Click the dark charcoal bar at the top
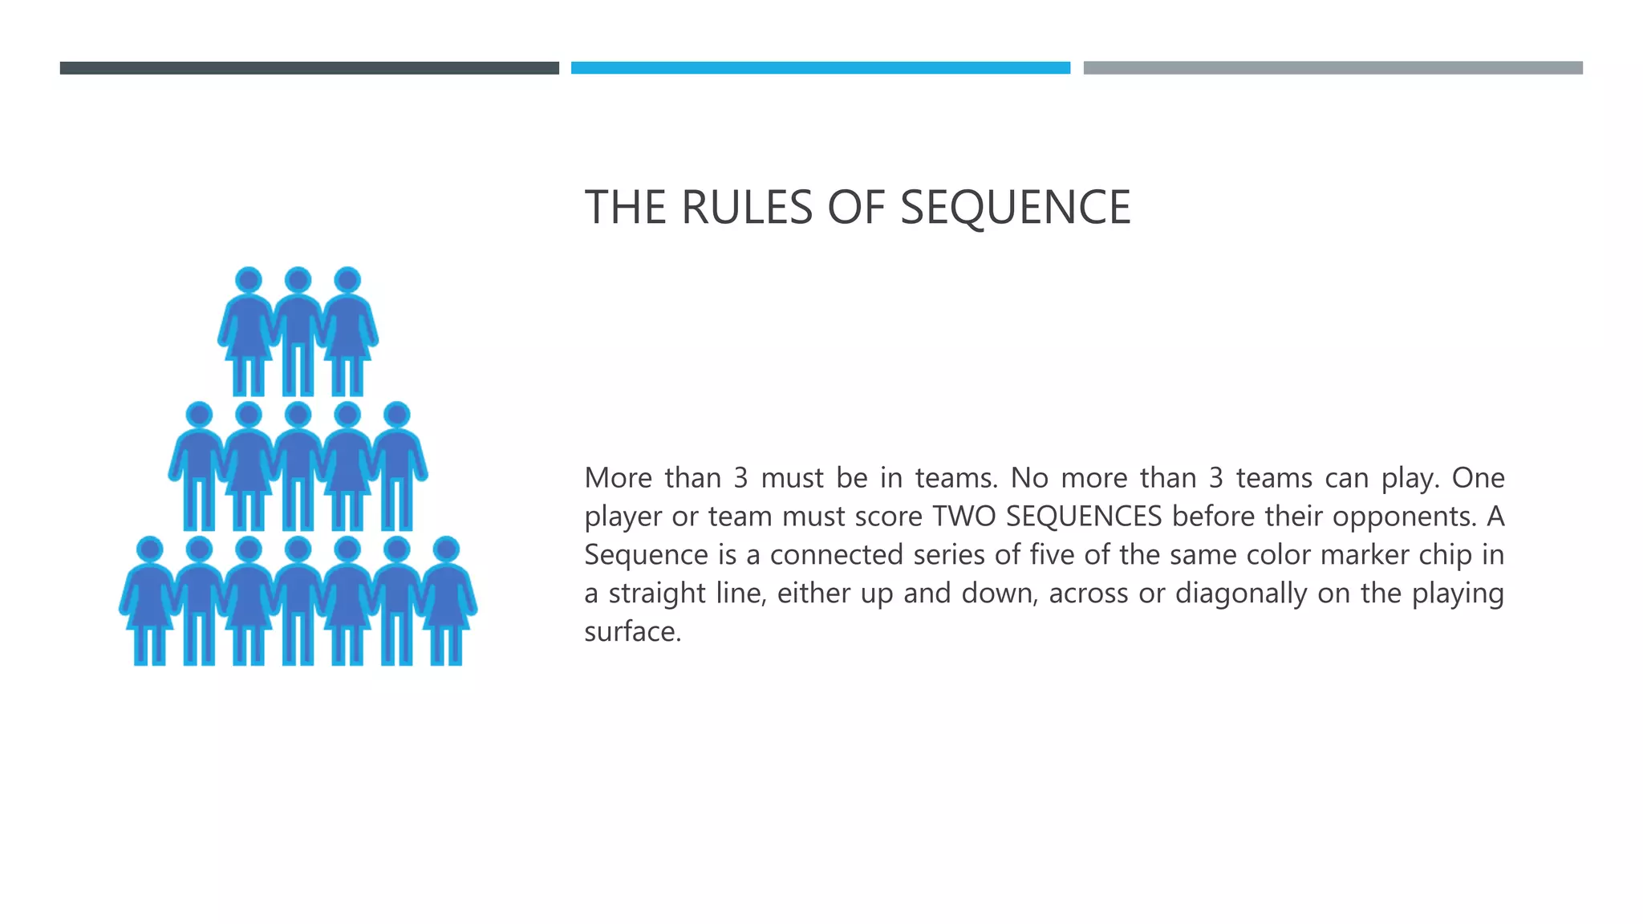(x=309, y=68)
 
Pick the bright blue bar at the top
(x=820, y=68)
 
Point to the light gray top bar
(x=1333, y=68)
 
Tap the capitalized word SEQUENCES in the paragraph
(x=1083, y=517)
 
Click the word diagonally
(x=1241, y=594)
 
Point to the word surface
(x=632, y=632)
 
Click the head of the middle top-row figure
(x=298, y=280)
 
